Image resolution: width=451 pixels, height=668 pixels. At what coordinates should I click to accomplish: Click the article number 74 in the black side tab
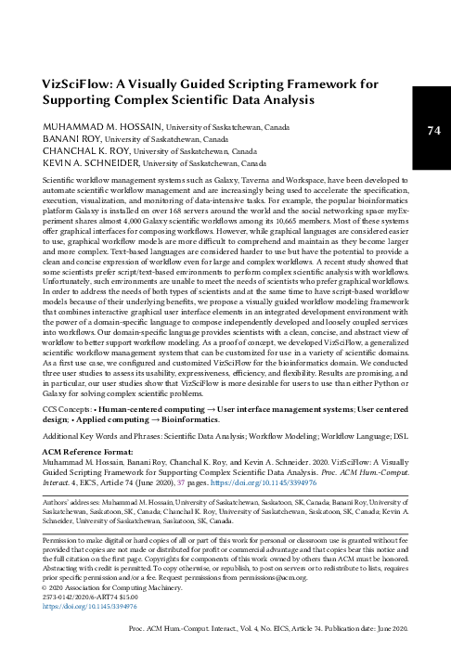[432, 131]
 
